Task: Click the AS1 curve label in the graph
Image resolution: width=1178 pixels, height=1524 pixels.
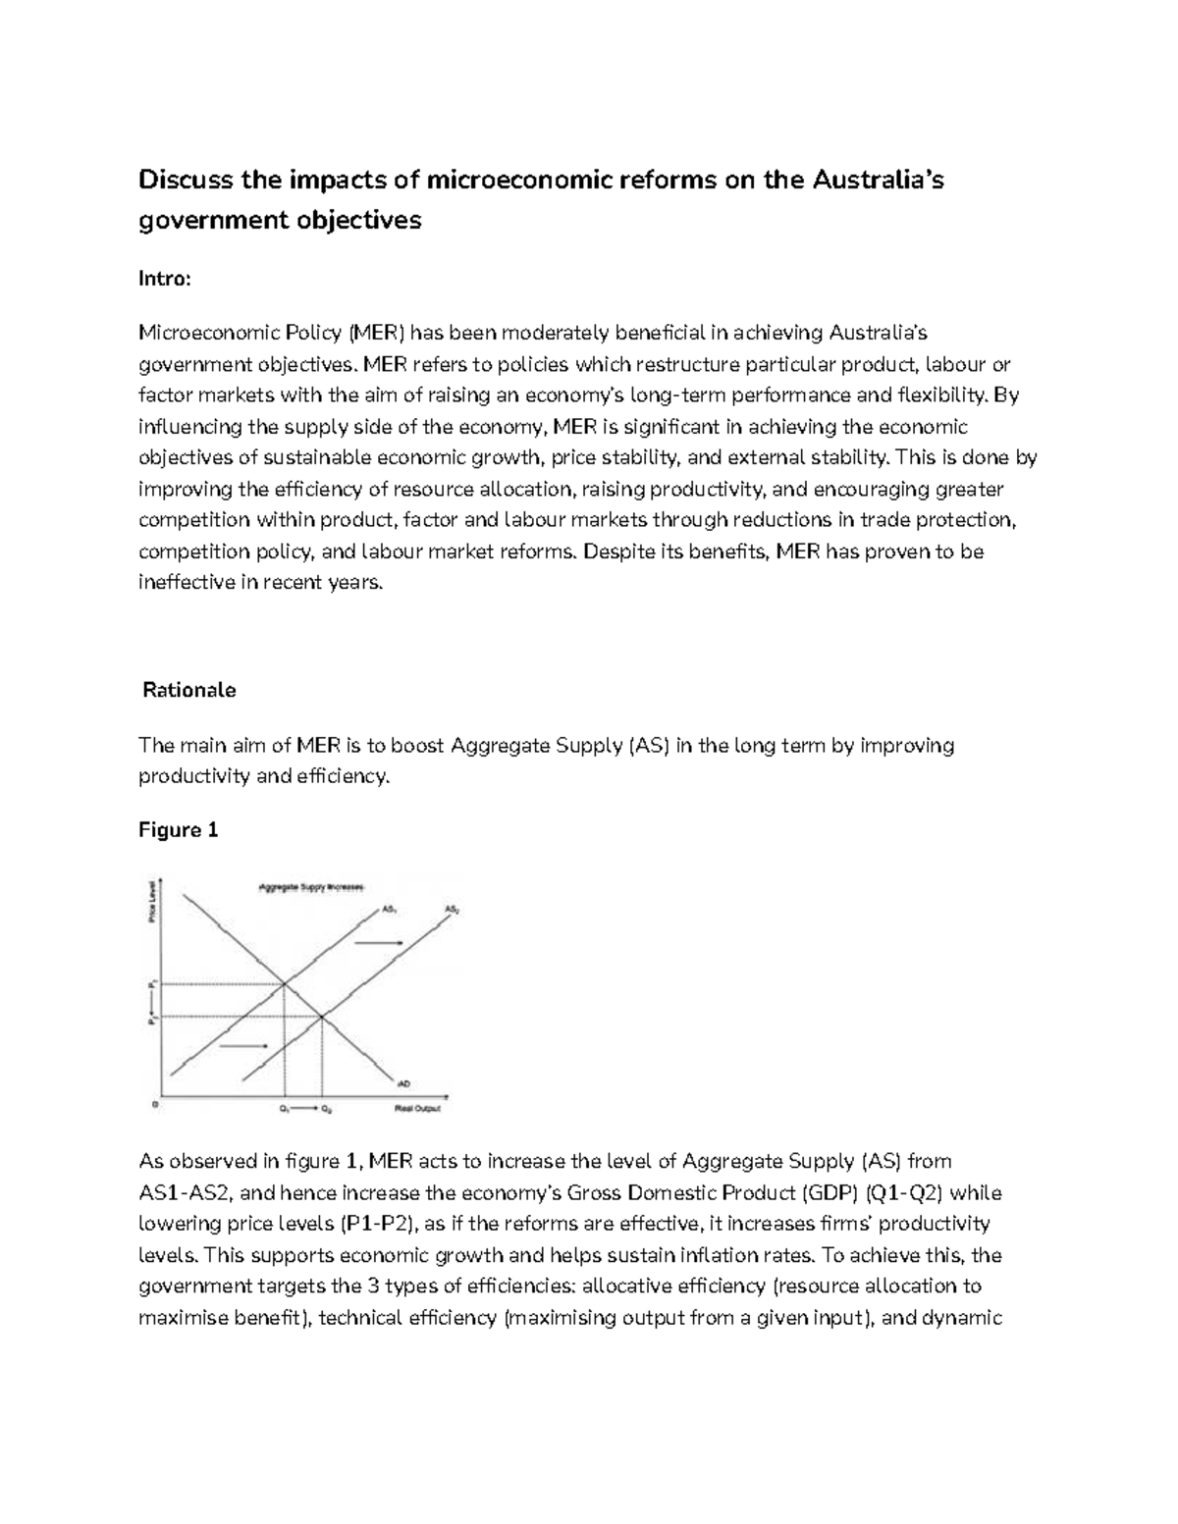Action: [x=389, y=910]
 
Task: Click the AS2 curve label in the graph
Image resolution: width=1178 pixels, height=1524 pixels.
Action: [x=452, y=910]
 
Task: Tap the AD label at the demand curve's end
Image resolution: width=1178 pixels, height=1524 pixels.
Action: [x=402, y=1083]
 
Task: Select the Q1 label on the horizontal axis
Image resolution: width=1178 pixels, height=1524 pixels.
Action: [x=284, y=1109]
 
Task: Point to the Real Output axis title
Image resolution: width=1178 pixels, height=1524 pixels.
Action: [x=418, y=1109]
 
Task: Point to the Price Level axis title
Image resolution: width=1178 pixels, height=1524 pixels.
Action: [x=152, y=900]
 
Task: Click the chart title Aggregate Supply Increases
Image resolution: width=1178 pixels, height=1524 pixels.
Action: [x=310, y=887]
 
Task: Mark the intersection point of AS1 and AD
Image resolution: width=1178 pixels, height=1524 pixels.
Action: [x=285, y=983]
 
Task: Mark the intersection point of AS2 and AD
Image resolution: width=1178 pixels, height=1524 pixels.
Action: [x=322, y=1017]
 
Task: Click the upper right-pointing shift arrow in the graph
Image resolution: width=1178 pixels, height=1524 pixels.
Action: [x=379, y=942]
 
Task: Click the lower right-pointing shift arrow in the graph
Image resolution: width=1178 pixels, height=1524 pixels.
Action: [x=242, y=1047]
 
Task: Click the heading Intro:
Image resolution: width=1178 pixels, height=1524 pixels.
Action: [x=165, y=279]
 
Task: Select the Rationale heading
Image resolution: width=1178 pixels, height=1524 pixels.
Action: [x=189, y=690]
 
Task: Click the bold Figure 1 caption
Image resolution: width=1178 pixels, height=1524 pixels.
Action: [x=178, y=830]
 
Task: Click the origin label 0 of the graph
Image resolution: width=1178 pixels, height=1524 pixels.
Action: [x=155, y=1104]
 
